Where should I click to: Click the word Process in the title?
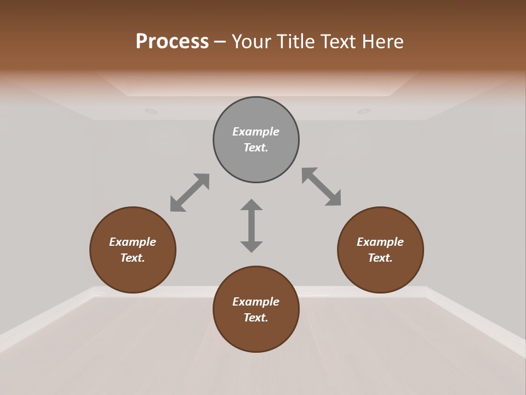[172, 42]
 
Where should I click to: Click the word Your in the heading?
[251, 42]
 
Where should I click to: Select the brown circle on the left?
[133, 274]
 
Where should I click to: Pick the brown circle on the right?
[380, 274]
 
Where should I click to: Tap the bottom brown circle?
[256, 335]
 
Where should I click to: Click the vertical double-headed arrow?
[251, 225]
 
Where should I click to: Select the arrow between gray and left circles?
[190, 192]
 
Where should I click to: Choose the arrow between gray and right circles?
[322, 187]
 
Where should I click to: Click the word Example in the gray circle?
[256, 132]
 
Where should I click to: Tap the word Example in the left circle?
[133, 242]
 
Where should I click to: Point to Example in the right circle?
[380, 242]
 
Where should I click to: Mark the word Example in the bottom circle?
[256, 302]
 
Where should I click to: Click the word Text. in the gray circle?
[256, 148]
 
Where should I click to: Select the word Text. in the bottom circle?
[256, 318]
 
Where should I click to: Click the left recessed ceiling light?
[151, 111]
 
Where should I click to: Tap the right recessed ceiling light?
[364, 111]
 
